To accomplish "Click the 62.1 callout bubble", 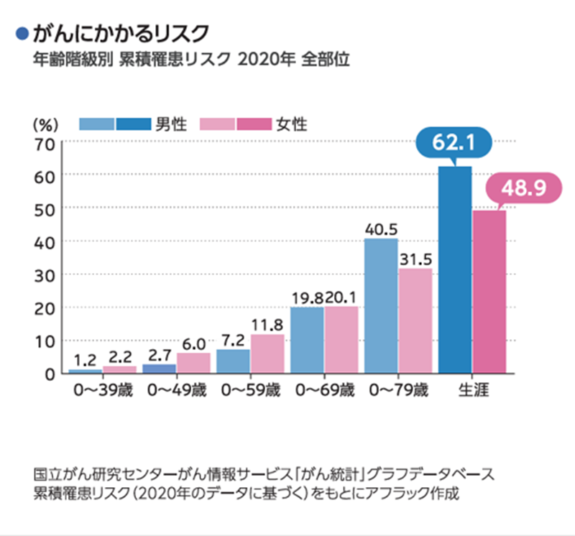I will click(x=454, y=144).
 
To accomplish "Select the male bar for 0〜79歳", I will click(x=380, y=305).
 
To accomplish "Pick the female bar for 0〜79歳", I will click(x=415, y=320).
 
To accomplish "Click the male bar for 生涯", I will click(x=454, y=269).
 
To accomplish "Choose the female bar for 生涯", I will click(x=489, y=291).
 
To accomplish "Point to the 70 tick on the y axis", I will click(x=45, y=142).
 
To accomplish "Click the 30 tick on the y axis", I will click(x=45, y=274).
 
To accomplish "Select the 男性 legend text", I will click(x=171, y=124).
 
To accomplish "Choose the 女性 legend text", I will click(x=291, y=124).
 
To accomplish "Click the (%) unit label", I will click(x=44, y=123).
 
